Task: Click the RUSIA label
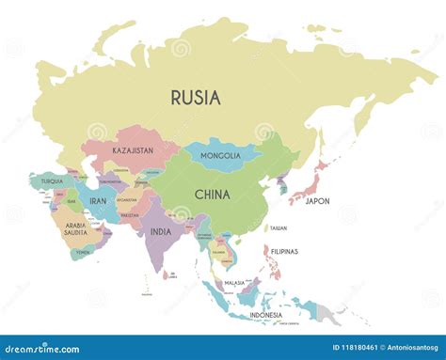[x=196, y=97]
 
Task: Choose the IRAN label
[x=97, y=199]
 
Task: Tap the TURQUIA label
[x=53, y=180]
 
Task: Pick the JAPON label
[x=318, y=200]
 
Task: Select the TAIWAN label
[x=279, y=228]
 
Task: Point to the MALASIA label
[x=234, y=282]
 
